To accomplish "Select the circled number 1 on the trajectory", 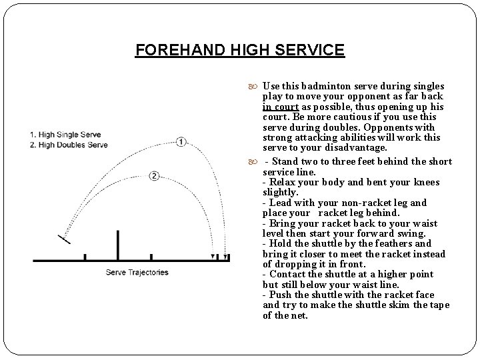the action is pyautogui.click(x=181, y=142).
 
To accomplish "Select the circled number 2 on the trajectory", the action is pyautogui.click(x=154, y=176).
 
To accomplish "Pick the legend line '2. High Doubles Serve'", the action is pyautogui.click(x=69, y=145).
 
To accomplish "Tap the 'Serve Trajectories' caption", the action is pyautogui.click(x=137, y=272).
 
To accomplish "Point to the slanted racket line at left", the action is pyautogui.click(x=64, y=238).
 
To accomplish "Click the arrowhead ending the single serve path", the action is pyautogui.click(x=226, y=256).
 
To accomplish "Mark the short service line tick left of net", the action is pyautogui.click(x=85, y=257).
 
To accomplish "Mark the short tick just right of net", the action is pyautogui.click(x=151, y=257).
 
